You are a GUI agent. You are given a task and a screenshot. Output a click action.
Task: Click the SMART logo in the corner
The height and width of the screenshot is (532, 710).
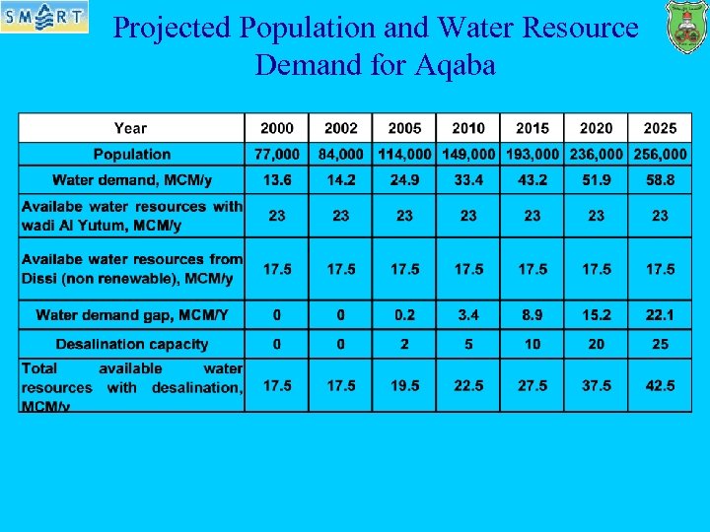click(43, 17)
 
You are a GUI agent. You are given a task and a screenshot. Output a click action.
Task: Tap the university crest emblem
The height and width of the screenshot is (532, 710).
click(686, 27)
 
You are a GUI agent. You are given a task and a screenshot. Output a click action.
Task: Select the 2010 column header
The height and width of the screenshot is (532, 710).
click(468, 128)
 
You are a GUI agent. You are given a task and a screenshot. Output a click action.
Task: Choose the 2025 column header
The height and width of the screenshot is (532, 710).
click(660, 128)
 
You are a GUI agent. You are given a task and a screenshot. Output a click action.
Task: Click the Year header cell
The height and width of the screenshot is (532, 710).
click(130, 128)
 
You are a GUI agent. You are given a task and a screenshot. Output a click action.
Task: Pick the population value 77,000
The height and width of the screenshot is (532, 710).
click(277, 155)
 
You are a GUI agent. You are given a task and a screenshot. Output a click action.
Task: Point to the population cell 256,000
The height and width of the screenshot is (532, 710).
click(660, 155)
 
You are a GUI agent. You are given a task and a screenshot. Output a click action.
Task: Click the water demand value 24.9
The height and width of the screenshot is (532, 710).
click(404, 180)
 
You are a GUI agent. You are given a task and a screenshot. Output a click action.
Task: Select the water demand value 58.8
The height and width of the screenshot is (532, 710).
click(660, 180)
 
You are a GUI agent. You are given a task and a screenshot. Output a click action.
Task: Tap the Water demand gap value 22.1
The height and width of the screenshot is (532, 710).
click(660, 315)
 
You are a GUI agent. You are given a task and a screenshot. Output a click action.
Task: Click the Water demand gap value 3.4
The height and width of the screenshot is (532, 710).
click(468, 315)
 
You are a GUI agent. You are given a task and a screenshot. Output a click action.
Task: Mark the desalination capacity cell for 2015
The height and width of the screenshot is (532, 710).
click(532, 344)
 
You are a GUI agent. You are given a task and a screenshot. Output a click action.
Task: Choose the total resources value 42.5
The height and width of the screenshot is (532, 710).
click(660, 386)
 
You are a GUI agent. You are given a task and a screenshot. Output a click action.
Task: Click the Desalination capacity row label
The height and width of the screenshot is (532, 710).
click(132, 344)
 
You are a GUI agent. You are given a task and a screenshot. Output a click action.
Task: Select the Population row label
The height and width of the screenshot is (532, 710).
click(132, 155)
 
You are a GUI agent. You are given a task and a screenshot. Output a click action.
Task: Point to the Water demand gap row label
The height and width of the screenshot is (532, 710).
click(132, 315)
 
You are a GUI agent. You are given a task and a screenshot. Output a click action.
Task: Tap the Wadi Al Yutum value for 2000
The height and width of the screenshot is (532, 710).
click(277, 216)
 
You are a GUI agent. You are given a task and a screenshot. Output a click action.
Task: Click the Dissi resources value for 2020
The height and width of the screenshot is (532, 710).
click(596, 269)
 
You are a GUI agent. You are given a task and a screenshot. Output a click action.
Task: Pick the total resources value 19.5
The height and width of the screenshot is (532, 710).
click(404, 386)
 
